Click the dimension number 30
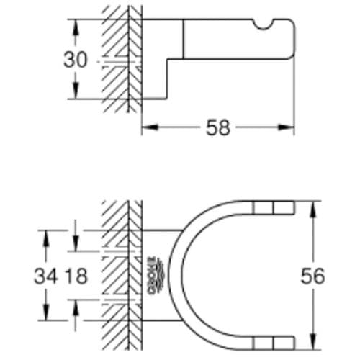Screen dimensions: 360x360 click(x=75, y=60)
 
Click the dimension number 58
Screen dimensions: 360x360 click(x=217, y=129)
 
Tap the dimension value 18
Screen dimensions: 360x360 click(x=76, y=276)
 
